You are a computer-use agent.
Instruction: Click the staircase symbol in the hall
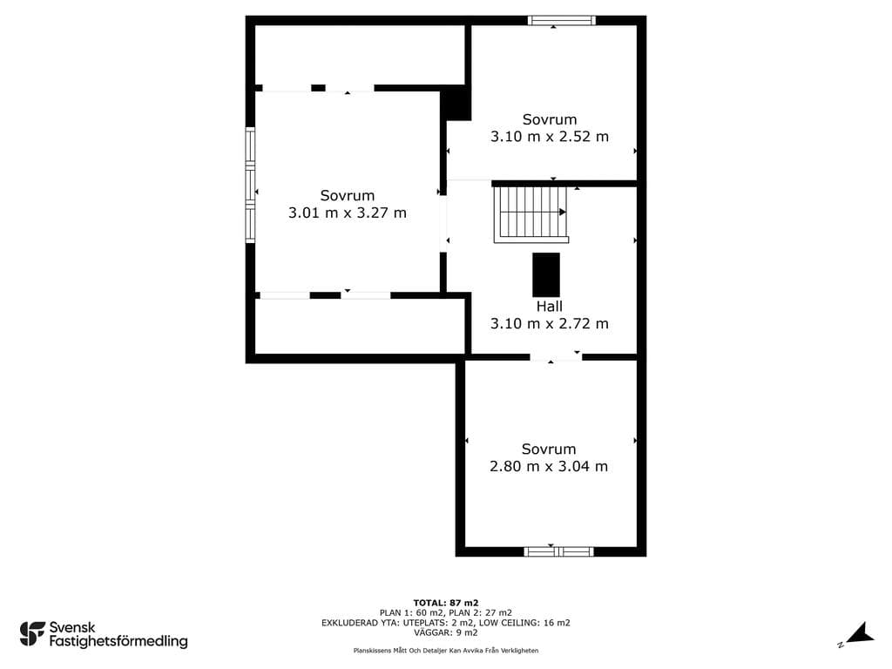click(x=530, y=214)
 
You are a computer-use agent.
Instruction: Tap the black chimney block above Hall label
click(x=546, y=274)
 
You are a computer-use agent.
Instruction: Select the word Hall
click(x=549, y=307)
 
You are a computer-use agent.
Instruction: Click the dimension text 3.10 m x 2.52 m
click(x=550, y=137)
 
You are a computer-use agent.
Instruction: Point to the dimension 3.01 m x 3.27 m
click(x=347, y=213)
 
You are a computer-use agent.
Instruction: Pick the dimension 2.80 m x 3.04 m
click(x=549, y=467)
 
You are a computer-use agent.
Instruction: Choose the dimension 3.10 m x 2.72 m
click(x=550, y=324)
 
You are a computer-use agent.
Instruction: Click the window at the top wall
click(x=562, y=21)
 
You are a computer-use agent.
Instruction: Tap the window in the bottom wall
click(x=558, y=551)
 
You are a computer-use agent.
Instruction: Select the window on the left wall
click(x=250, y=185)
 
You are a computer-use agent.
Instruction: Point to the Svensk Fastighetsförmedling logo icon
click(x=32, y=634)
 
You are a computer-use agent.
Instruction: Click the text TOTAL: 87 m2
click(x=446, y=603)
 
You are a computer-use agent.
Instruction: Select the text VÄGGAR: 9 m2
click(x=446, y=632)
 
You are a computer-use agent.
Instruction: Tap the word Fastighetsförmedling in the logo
click(x=118, y=642)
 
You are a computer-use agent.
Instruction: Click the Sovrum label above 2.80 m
click(x=549, y=449)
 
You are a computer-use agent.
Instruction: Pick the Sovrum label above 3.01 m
click(x=348, y=196)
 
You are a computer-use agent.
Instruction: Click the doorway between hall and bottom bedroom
click(x=556, y=357)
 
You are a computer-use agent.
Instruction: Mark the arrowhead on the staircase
click(x=563, y=213)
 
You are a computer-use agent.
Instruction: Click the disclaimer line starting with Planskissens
click(x=446, y=650)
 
